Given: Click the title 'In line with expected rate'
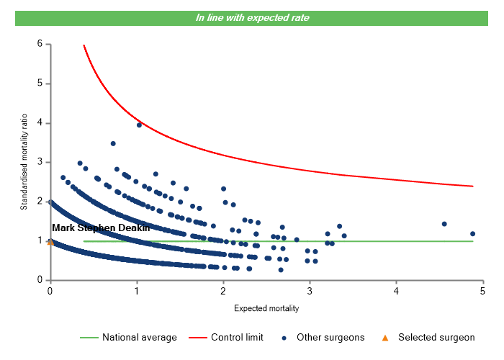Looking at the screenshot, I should pos(253,17).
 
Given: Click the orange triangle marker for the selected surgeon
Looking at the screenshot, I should pos(50,242).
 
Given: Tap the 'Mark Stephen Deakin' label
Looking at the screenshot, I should pos(101,228).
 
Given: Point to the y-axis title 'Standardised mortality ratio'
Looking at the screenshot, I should pos(24,162).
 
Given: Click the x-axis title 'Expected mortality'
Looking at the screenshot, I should pos(266,308).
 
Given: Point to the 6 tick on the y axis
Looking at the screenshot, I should pos(40,44).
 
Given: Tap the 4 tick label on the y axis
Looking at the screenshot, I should pos(40,123).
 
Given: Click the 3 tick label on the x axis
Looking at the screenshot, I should pos(310,290).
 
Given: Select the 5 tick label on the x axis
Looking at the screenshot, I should pos(483,290).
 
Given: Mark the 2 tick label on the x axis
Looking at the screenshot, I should pos(223,290).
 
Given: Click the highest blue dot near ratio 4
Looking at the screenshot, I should pos(139,125).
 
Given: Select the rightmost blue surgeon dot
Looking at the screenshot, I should pos(472,233).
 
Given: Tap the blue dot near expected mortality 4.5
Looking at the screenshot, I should pos(444,224).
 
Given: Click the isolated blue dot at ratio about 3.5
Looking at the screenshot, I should pos(113,143).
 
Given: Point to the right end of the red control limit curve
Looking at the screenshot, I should pos(472,186).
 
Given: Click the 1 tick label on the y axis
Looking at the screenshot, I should pos(40,240).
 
